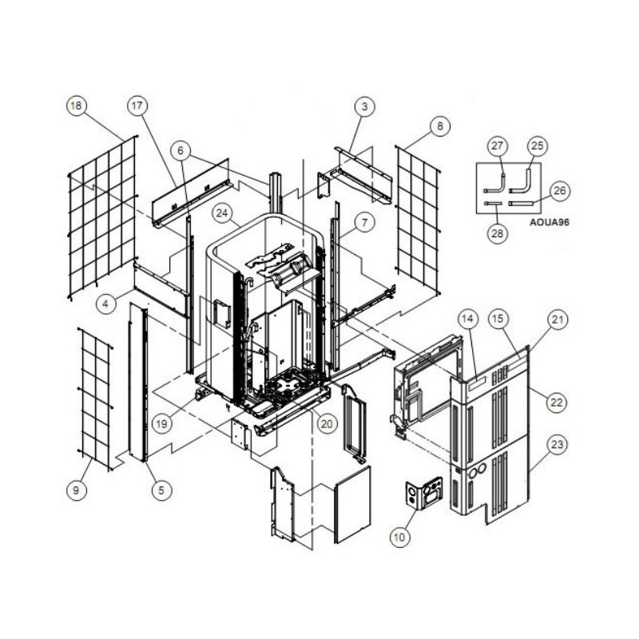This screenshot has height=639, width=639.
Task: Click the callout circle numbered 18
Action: tap(76, 106)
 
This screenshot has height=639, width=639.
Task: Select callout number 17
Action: tap(137, 106)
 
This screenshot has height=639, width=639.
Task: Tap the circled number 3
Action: tap(364, 107)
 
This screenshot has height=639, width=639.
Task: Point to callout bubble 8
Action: tap(440, 126)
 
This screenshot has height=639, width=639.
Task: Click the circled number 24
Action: tap(222, 213)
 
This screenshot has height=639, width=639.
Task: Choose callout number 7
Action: tap(364, 223)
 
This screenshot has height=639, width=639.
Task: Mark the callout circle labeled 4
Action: tap(106, 304)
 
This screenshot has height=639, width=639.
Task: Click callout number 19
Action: tap(162, 424)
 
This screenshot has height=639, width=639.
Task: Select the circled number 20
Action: tap(327, 424)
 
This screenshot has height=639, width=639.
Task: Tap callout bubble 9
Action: tap(76, 490)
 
